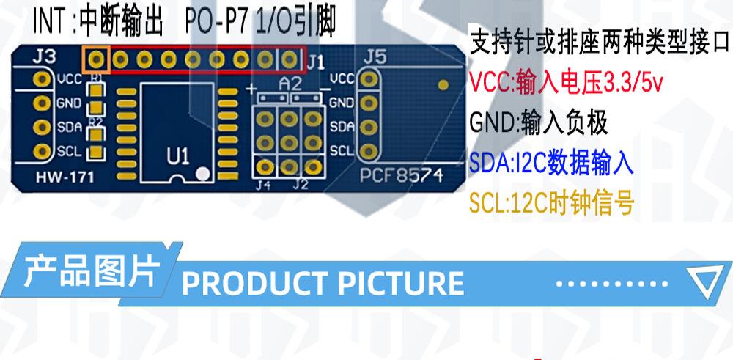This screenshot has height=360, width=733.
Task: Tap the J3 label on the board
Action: click(45, 56)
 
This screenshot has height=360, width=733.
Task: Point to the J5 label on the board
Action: click(375, 56)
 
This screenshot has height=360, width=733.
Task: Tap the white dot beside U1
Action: click(205, 174)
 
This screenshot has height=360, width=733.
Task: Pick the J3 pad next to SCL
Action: click(43, 152)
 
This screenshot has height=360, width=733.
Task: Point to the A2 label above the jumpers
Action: click(290, 84)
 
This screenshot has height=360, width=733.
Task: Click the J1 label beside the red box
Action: click(315, 62)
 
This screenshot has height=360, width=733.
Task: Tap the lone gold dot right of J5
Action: click(442, 84)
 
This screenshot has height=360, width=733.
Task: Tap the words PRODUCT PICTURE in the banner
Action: click(323, 283)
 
